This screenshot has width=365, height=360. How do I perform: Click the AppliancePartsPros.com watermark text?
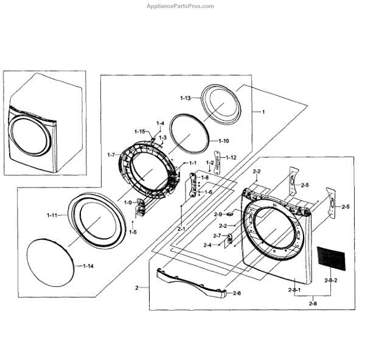click(x=180, y=6)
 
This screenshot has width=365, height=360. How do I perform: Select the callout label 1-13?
click(x=186, y=98)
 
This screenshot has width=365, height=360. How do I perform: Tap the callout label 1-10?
click(x=223, y=141)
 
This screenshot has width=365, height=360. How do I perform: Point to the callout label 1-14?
click(x=88, y=266)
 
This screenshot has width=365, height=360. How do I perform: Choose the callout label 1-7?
click(x=111, y=155)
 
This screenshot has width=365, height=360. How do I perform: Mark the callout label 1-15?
click(x=139, y=132)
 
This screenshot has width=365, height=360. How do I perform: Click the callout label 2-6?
click(x=235, y=293)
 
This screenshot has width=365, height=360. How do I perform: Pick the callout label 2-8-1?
click(x=294, y=291)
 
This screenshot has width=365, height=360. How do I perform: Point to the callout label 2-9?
click(x=218, y=214)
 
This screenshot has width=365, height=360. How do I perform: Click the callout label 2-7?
click(x=217, y=236)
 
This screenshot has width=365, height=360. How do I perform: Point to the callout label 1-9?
click(x=128, y=202)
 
